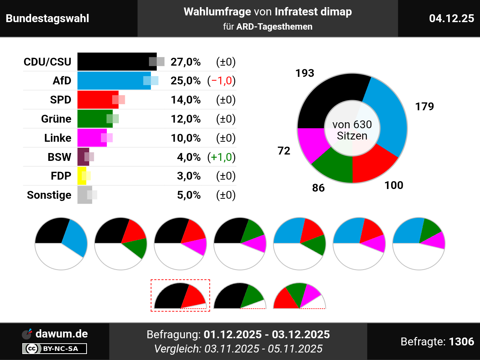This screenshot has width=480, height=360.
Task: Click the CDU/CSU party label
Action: [47, 62]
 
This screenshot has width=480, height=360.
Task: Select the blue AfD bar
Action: [112, 81]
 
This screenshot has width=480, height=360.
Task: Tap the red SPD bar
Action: [97, 100]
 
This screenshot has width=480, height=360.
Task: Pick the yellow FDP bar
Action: [81, 176]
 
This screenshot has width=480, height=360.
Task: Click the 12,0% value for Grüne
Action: [186, 119]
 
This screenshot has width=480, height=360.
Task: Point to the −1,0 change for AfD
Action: [222, 81]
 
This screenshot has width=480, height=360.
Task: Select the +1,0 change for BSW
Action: [222, 157]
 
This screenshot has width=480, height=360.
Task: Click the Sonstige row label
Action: [49, 195]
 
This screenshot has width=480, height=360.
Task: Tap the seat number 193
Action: [304, 73]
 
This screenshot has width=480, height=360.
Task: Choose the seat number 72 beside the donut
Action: [284, 151]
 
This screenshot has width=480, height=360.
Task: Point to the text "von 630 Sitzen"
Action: [352, 130]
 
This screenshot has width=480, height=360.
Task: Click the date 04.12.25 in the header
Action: [451, 18]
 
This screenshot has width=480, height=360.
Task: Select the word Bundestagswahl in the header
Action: [48, 18]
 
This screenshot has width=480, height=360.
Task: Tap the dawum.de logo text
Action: [61, 334]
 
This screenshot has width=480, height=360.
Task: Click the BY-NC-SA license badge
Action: [55, 349]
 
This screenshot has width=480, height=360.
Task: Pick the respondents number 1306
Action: [461, 342]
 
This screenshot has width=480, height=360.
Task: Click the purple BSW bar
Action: [82, 157]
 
